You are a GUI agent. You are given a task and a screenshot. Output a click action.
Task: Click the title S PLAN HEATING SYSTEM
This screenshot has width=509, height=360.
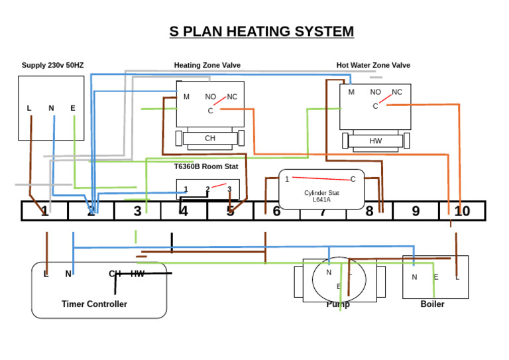point(261,31)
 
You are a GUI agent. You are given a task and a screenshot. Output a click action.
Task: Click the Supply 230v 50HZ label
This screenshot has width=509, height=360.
point(52,65)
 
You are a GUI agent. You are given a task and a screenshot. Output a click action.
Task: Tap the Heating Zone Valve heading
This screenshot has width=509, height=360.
point(207,65)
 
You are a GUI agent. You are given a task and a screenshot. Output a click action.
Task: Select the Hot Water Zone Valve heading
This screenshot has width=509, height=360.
point(373,65)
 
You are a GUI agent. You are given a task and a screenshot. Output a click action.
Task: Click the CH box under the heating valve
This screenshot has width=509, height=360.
point(210,139)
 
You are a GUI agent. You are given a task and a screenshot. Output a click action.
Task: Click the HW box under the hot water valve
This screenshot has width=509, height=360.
point(376,141)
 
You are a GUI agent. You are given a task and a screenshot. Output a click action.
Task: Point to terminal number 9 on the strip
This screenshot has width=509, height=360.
point(416,211)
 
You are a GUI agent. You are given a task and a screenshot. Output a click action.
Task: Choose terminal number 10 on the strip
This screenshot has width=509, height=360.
point(462,211)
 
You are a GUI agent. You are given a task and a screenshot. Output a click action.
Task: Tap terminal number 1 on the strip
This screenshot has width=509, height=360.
point(44,211)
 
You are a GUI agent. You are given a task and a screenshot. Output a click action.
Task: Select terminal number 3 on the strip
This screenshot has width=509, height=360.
point(137,211)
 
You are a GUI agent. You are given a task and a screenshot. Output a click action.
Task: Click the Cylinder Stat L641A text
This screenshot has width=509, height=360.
point(321,196)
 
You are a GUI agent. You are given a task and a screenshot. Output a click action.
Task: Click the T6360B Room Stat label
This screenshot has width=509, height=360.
point(206,166)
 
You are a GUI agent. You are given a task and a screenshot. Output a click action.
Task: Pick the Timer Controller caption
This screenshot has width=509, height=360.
point(94,304)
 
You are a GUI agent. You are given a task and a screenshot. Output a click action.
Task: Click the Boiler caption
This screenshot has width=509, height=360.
point(432,304)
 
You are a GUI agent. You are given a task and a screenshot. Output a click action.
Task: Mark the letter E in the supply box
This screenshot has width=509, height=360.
point(73,108)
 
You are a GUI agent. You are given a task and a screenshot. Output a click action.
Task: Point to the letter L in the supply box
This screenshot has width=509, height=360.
point(29,108)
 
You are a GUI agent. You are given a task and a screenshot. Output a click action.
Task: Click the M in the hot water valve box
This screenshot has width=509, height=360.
point(351,92)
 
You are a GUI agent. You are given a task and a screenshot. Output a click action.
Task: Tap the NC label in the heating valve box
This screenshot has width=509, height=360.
point(232,97)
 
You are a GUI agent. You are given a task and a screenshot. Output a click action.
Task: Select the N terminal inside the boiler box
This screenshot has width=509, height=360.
point(414,277)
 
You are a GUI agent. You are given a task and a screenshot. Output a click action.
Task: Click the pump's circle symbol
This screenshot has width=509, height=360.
point(339,279)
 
